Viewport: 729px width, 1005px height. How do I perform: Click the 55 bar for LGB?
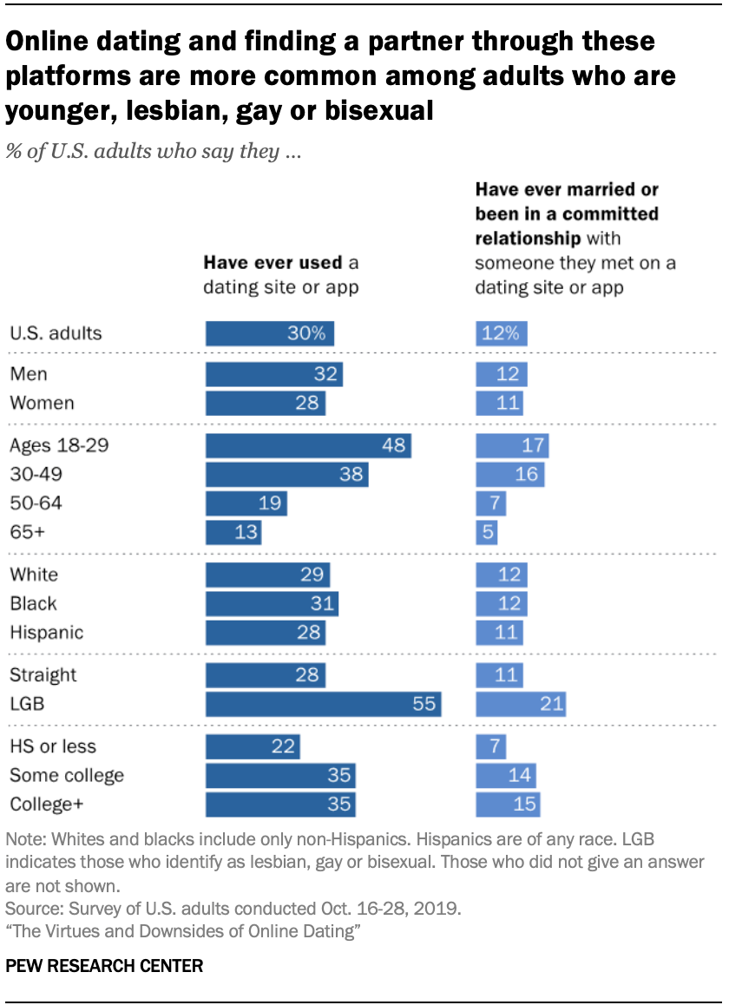click(324, 704)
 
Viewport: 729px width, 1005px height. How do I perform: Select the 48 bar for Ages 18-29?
click(308, 446)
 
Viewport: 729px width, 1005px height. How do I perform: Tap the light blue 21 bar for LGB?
click(521, 704)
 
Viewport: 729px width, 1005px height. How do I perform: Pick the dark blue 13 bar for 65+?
click(233, 531)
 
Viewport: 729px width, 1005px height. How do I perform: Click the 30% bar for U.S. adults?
click(270, 333)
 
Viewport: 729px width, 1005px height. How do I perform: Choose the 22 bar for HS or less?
click(253, 746)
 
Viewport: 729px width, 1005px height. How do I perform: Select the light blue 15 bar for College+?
click(508, 804)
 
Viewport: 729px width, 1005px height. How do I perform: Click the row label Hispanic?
click(46, 632)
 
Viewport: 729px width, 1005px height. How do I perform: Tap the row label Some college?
click(67, 775)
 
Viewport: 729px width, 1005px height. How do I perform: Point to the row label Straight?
click(43, 675)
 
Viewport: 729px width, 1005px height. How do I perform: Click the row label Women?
click(42, 403)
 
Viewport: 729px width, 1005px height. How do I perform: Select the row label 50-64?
click(36, 503)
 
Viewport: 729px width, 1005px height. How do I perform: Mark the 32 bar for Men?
click(274, 374)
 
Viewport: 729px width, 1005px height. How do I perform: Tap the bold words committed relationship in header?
click(566, 226)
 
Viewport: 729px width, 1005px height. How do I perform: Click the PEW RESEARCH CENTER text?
click(104, 966)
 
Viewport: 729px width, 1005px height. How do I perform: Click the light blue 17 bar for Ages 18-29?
click(512, 446)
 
